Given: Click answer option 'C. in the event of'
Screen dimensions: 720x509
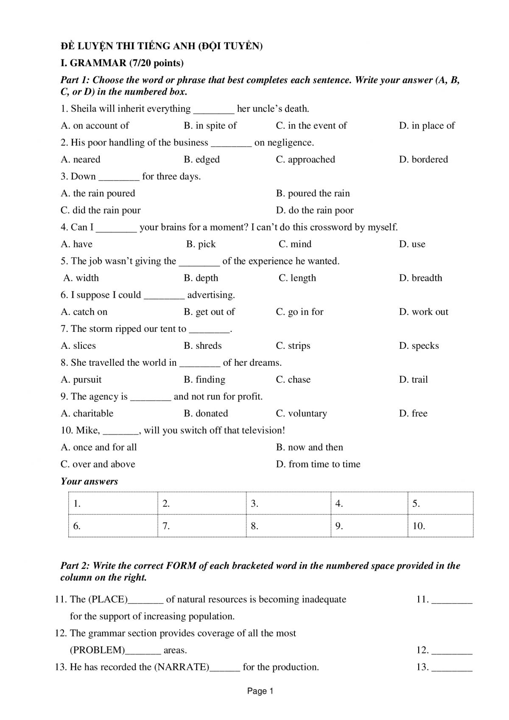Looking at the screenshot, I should pyautogui.click(x=311, y=126).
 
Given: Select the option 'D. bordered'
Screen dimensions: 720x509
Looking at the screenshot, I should pyautogui.click(x=423, y=160).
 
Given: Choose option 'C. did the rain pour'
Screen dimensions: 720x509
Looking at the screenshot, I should pyautogui.click(x=101, y=210).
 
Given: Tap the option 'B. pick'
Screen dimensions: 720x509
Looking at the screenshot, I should pyautogui.click(x=201, y=244).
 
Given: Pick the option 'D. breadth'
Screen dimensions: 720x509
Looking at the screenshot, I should pyautogui.click(x=420, y=278).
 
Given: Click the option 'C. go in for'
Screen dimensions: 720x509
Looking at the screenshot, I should pyautogui.click(x=299, y=312).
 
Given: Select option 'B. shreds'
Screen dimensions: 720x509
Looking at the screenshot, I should pyautogui.click(x=202, y=346).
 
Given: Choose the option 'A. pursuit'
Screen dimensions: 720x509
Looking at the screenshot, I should pyautogui.click(x=81, y=380).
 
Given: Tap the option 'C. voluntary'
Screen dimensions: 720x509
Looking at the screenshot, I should pyautogui.click(x=301, y=414).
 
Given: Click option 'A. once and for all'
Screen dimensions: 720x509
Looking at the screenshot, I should pyautogui.click(x=99, y=447).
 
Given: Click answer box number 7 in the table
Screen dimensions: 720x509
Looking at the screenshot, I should pyautogui.click(x=201, y=526).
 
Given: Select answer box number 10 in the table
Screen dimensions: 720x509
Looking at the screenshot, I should pyautogui.click(x=440, y=526).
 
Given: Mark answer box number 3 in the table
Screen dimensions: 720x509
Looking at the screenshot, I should pyautogui.click(x=288, y=504).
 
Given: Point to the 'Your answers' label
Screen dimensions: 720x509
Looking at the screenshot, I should pyautogui.click(x=89, y=481).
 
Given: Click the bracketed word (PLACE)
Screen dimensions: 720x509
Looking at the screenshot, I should pyautogui.click(x=108, y=600).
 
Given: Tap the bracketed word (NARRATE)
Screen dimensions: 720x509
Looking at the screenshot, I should pyautogui.click(x=182, y=667).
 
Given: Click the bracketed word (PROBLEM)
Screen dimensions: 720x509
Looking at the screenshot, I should pyautogui.click(x=97, y=650).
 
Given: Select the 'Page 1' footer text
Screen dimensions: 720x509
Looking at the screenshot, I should pyautogui.click(x=260, y=691).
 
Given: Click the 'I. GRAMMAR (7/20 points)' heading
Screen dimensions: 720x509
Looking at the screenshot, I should pyautogui.click(x=122, y=63).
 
